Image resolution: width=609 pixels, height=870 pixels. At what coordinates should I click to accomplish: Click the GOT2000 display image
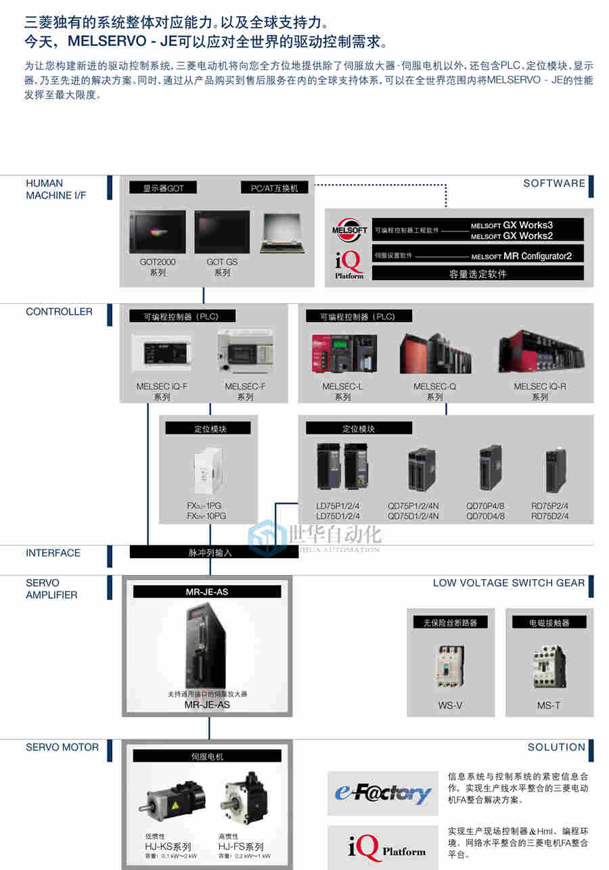click(x=157, y=232)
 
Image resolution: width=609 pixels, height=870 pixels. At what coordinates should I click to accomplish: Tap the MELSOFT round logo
click(x=349, y=230)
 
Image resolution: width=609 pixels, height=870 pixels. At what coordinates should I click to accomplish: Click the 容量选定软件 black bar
click(x=478, y=273)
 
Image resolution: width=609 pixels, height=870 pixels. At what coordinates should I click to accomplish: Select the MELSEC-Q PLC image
click(x=435, y=352)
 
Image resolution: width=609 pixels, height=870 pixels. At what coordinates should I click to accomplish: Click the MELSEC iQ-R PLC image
click(x=541, y=352)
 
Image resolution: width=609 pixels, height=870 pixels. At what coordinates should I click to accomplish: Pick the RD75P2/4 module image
click(x=556, y=470)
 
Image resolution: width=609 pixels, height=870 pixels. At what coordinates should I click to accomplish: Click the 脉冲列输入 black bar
click(x=210, y=552)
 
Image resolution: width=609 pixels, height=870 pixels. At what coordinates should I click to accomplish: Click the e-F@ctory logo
click(x=383, y=793)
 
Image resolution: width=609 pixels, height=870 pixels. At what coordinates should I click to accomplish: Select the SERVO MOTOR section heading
click(x=62, y=748)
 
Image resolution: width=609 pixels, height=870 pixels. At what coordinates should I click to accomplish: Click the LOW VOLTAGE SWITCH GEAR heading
click(x=508, y=583)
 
